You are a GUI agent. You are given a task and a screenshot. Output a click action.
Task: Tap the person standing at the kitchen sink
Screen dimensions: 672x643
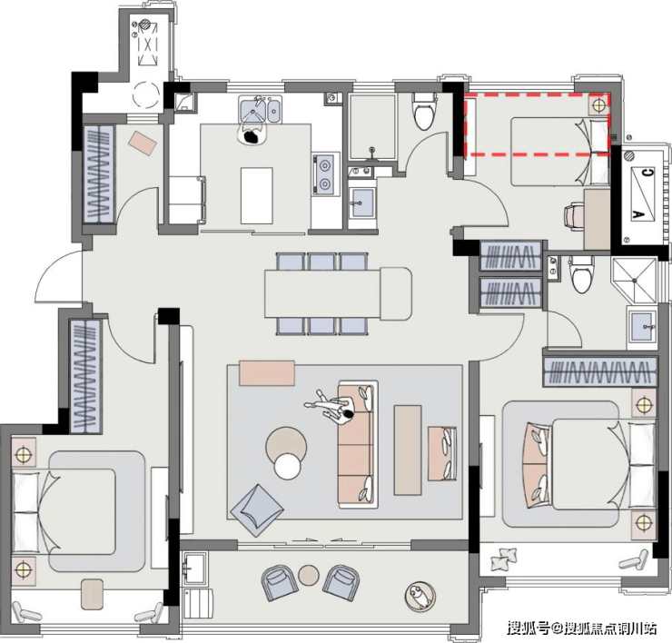252,135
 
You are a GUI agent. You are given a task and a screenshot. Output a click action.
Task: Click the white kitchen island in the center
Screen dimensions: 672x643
257,195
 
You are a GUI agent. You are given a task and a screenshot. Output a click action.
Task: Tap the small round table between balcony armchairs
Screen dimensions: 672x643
309,575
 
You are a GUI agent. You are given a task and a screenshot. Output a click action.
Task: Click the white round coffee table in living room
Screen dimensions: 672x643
287,466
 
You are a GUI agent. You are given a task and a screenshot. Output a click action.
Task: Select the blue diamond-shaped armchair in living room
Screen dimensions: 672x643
257,510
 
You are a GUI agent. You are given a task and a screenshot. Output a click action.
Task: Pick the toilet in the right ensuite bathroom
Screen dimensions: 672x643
581,274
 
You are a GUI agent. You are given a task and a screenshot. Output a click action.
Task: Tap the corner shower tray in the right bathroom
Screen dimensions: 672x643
634,281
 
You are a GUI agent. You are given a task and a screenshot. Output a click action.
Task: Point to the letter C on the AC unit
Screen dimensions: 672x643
648,173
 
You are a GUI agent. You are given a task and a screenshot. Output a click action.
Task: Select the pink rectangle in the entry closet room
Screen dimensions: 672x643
143,143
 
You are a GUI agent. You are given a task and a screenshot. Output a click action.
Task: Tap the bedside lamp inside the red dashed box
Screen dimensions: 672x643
598,104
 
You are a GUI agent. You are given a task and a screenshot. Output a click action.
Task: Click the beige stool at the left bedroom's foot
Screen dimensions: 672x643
92,595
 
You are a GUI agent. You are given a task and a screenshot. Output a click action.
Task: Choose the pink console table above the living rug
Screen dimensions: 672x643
267,373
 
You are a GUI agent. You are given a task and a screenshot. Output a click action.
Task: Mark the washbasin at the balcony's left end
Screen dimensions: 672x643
195,568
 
